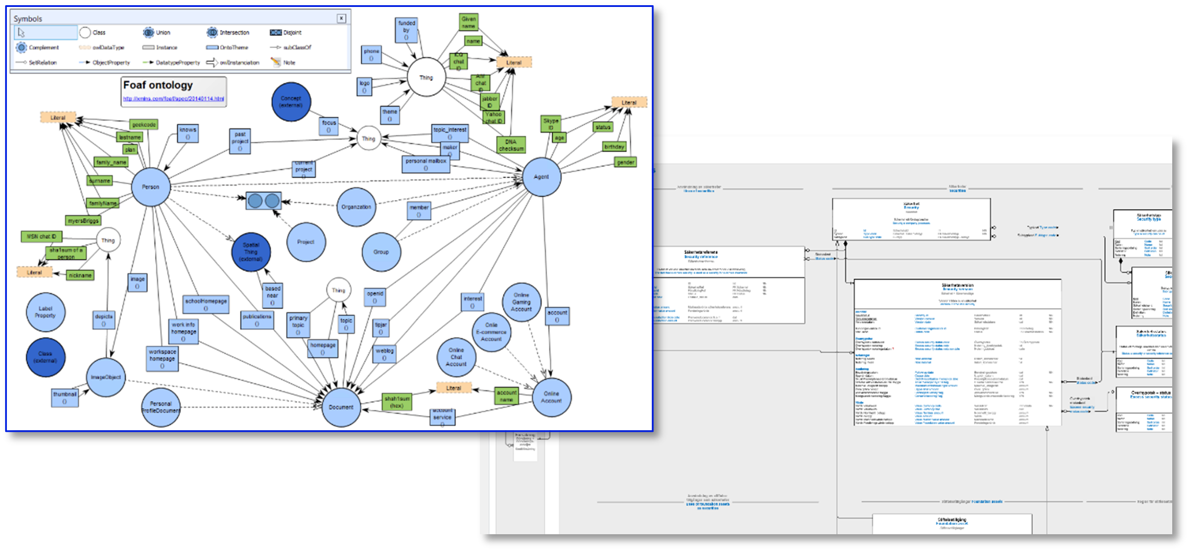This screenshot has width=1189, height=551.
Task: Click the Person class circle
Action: (x=150, y=187)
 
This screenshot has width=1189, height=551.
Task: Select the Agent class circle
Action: (x=541, y=177)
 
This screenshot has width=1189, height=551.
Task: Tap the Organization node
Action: (x=356, y=207)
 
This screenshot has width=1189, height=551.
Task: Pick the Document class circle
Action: (x=341, y=407)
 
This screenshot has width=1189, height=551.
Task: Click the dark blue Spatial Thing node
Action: (x=251, y=252)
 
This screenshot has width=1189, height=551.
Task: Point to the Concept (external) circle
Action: (x=291, y=102)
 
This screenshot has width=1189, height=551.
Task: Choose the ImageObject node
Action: (x=106, y=377)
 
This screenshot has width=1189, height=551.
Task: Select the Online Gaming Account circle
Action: (x=521, y=302)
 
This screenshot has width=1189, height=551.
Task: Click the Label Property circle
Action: (x=45, y=312)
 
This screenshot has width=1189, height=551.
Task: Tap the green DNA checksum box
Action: (x=511, y=145)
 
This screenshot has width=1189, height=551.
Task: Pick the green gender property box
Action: (x=626, y=162)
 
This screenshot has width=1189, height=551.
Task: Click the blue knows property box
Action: (x=187, y=134)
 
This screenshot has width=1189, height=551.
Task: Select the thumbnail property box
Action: (x=64, y=398)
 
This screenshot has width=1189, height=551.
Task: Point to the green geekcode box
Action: (x=144, y=124)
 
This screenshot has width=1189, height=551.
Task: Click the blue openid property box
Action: (x=375, y=297)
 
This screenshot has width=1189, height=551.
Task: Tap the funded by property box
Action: (x=407, y=30)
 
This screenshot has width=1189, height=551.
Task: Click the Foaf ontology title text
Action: (x=158, y=85)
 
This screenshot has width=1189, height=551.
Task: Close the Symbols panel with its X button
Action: (x=341, y=19)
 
